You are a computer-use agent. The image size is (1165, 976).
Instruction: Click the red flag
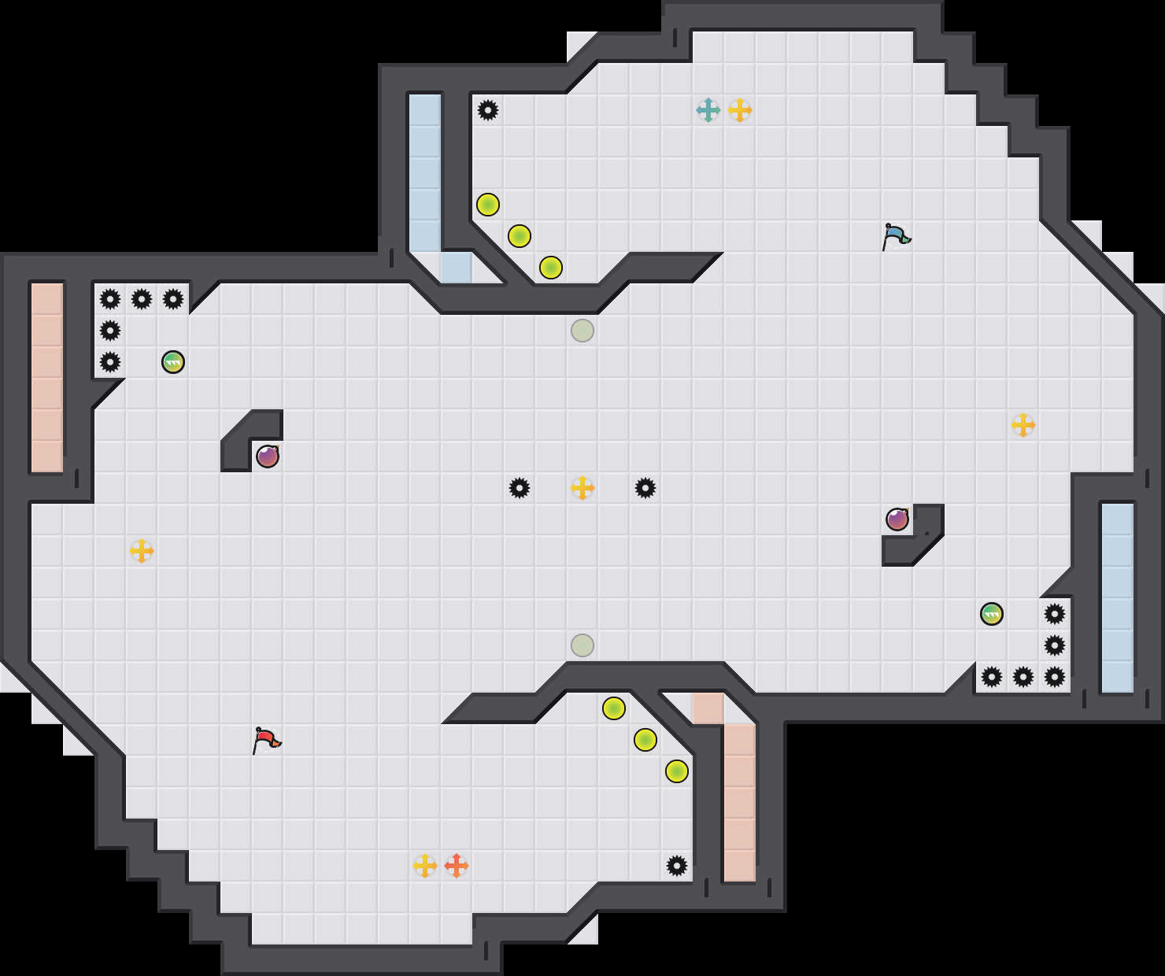click(266, 740)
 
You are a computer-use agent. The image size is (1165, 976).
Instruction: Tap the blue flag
click(896, 235)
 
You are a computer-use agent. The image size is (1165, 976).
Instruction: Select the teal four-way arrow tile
click(708, 110)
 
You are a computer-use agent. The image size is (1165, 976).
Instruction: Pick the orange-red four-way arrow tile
click(457, 866)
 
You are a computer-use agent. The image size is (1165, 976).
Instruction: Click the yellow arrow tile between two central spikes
click(582, 488)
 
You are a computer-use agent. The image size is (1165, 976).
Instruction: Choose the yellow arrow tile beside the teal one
click(740, 110)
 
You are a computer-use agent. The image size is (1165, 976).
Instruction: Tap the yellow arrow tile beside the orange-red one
click(425, 866)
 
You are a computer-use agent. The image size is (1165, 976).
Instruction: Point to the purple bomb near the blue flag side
click(897, 519)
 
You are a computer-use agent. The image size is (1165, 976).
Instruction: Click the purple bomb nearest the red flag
click(268, 457)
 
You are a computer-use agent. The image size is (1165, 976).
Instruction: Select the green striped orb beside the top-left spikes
click(173, 362)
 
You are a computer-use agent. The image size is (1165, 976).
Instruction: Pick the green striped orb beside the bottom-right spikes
click(992, 614)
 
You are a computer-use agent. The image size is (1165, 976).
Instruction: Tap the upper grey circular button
click(582, 331)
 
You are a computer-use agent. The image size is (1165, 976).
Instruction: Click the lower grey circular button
click(582, 645)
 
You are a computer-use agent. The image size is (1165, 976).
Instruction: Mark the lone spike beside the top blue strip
click(488, 110)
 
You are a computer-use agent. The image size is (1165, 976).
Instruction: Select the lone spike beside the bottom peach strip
click(677, 866)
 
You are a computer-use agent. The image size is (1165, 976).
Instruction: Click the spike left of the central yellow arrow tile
click(520, 488)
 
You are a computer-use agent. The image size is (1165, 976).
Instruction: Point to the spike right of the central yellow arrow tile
click(645, 488)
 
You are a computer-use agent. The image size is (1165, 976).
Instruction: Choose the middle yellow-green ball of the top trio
click(520, 236)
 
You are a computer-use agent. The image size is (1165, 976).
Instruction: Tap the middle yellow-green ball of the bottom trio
click(645, 740)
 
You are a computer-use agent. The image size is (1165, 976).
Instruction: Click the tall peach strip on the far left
click(47, 378)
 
